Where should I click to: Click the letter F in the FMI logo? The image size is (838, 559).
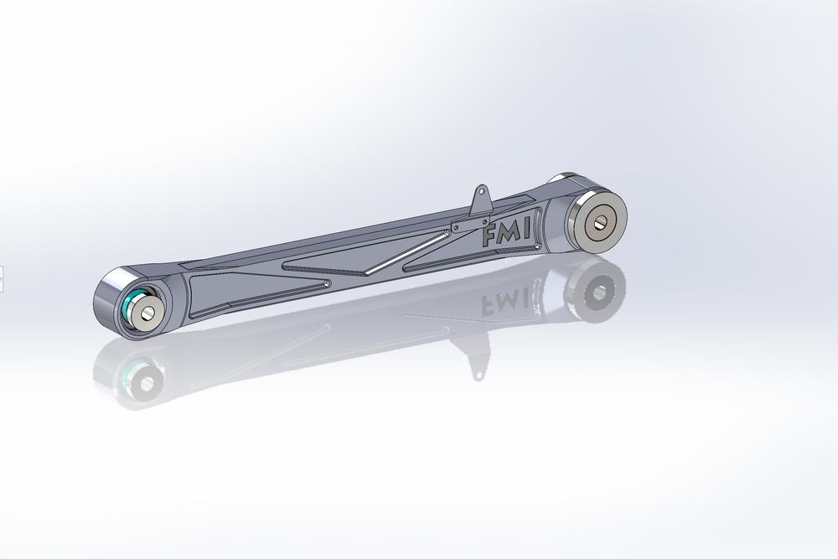489,237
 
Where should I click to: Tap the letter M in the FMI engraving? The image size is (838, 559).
508,234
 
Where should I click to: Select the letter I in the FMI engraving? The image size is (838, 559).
525,230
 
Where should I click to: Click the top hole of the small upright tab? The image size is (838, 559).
483,194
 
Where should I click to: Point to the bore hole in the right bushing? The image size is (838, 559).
599,220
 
